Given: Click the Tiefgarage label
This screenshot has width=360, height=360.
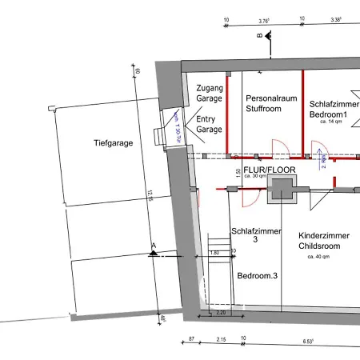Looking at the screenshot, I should (112, 143).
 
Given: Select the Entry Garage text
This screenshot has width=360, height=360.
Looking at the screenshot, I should (210, 123).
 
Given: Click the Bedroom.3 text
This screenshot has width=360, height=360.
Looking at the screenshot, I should (257, 276).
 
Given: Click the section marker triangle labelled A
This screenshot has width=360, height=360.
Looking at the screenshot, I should (153, 253).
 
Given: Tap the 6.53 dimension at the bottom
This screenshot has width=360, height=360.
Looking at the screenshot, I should (307, 341).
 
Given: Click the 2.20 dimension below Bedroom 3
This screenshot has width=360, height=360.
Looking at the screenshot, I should (222, 313).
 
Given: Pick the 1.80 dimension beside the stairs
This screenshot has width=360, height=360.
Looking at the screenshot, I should (214, 252).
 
